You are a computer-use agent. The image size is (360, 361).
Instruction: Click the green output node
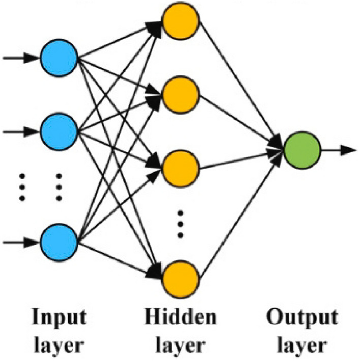pos(302,150)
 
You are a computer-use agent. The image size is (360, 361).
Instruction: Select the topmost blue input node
pos(59,57)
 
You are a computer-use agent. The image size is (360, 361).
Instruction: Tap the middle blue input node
pos(59,132)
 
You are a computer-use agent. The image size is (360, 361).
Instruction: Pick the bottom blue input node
pos(59,242)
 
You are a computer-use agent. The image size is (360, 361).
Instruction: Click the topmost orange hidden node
pos(181,21)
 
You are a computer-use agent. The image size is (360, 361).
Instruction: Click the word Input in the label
pos(59,318)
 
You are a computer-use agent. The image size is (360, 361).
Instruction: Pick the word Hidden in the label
pos(179,318)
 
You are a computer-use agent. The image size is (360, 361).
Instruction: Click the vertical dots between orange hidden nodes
pos(181,223)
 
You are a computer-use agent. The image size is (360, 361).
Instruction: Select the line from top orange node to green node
pos(239,81)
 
